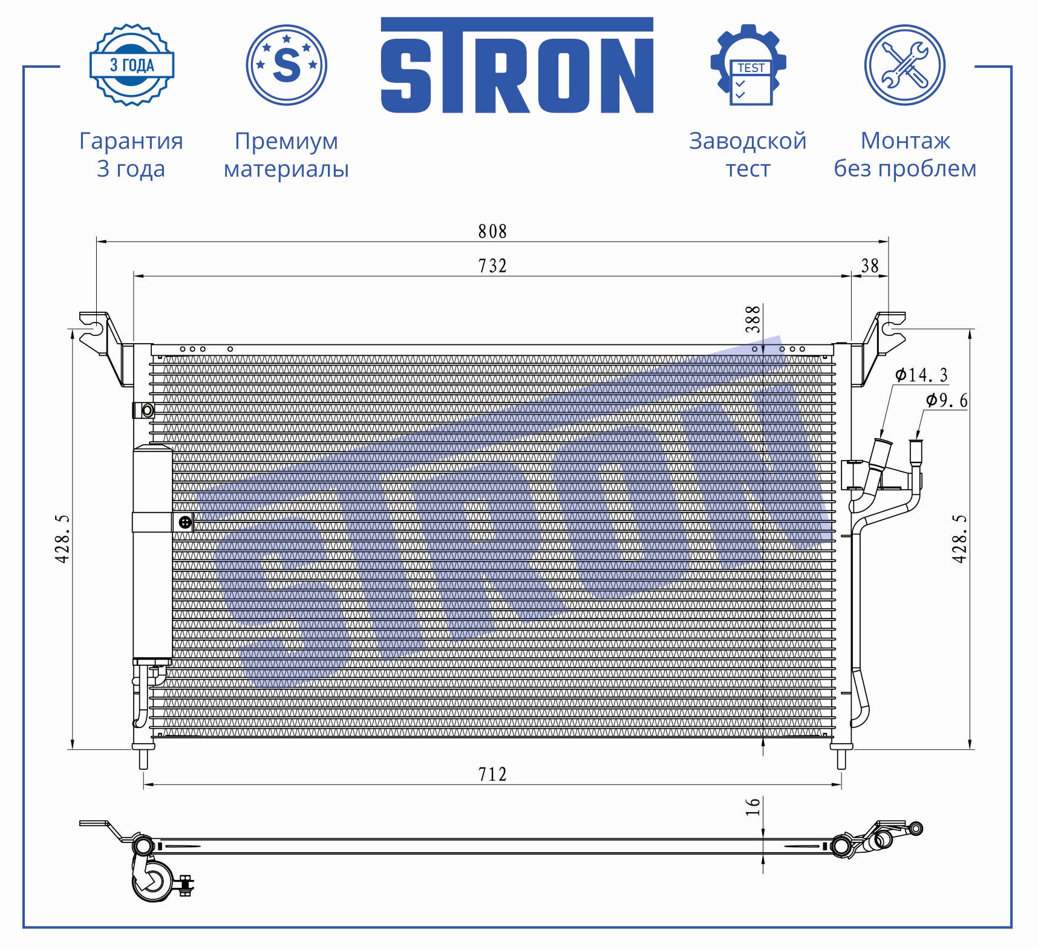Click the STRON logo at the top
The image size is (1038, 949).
[x=517, y=65]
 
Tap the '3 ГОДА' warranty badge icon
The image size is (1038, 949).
[x=132, y=65]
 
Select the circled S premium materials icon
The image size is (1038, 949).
[x=287, y=65]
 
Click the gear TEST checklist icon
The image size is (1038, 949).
[x=748, y=65]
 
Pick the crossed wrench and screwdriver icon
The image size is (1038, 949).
[x=905, y=65]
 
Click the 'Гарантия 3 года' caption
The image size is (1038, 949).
[x=131, y=154]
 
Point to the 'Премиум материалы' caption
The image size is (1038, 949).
[x=286, y=154]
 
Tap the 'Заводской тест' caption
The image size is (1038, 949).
[x=748, y=154]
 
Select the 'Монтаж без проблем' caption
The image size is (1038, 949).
[x=905, y=154]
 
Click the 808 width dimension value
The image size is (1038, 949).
[x=492, y=231]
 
